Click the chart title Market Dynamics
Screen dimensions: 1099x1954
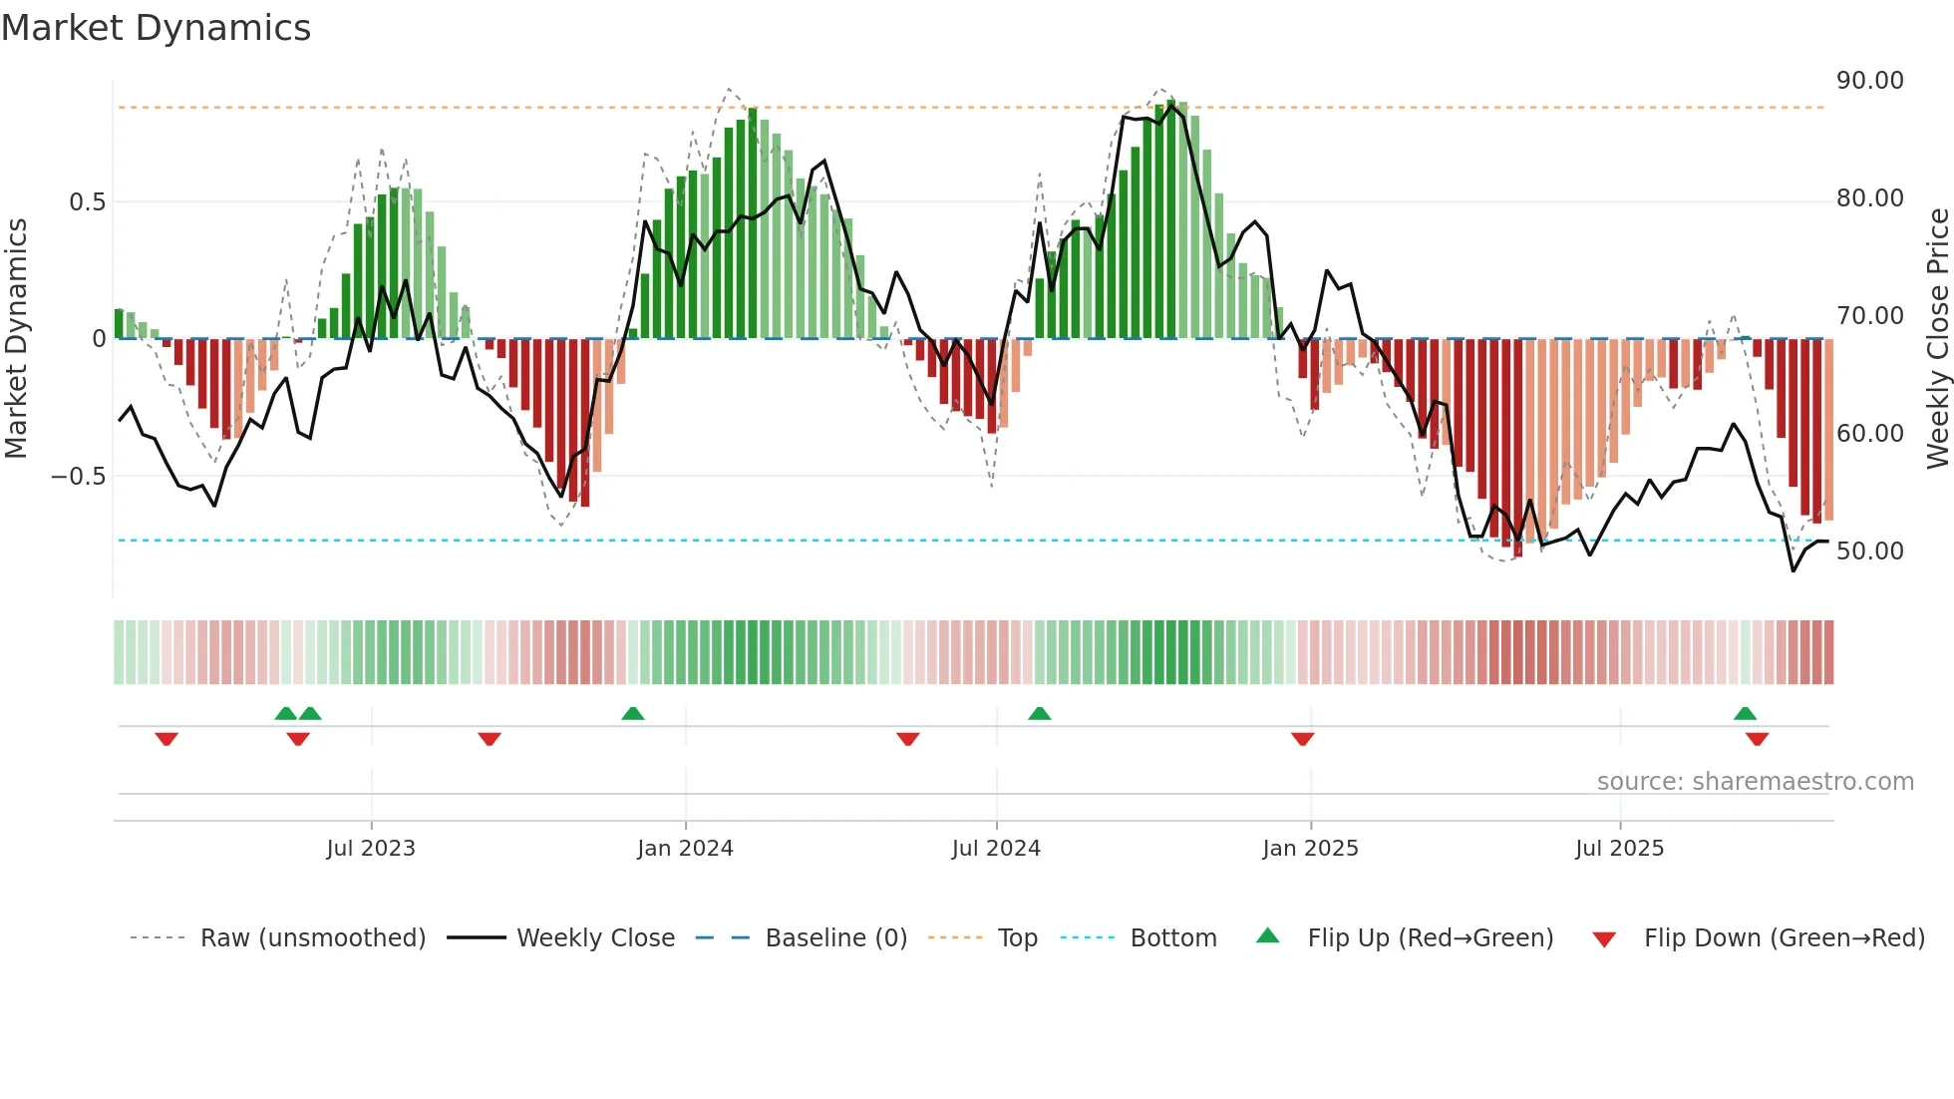tap(156, 28)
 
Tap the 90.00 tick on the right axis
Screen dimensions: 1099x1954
tap(1869, 81)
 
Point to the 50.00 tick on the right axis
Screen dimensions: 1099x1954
tap(1869, 551)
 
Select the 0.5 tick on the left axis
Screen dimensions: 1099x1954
tap(87, 202)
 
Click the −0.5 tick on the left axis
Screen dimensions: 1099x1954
tap(78, 477)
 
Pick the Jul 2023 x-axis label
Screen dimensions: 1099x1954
tap(371, 849)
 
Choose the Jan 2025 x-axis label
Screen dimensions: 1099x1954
tap(1310, 849)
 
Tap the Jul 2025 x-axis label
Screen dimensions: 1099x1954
tap(1619, 849)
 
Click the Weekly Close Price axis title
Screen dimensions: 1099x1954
tap(1937, 339)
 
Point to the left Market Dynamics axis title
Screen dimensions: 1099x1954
tap(16, 339)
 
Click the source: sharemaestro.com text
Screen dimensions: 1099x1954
tap(1755, 782)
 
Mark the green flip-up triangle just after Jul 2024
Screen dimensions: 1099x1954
tap(1039, 713)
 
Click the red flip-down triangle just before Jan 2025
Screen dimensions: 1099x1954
tap(1302, 739)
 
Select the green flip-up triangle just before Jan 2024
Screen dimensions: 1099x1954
tap(632, 713)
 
